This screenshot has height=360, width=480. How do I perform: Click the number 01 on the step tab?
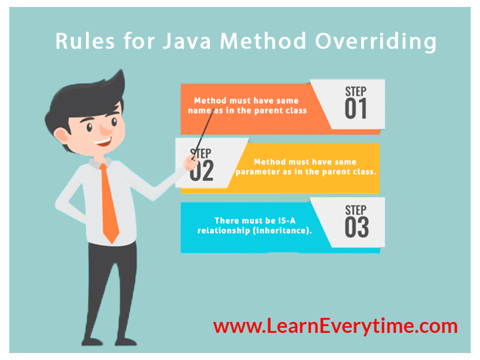click(356, 109)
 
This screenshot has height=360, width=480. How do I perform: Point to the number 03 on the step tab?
click(357, 227)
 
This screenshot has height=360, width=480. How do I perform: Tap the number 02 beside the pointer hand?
click(202, 171)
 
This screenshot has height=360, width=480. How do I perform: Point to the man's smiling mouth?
click(104, 140)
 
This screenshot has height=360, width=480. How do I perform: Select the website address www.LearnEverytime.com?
click(335, 326)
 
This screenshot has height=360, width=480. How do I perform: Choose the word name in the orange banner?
click(204, 110)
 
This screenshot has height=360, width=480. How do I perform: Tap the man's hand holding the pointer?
click(191, 164)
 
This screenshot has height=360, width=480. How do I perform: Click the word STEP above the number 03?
click(356, 209)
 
